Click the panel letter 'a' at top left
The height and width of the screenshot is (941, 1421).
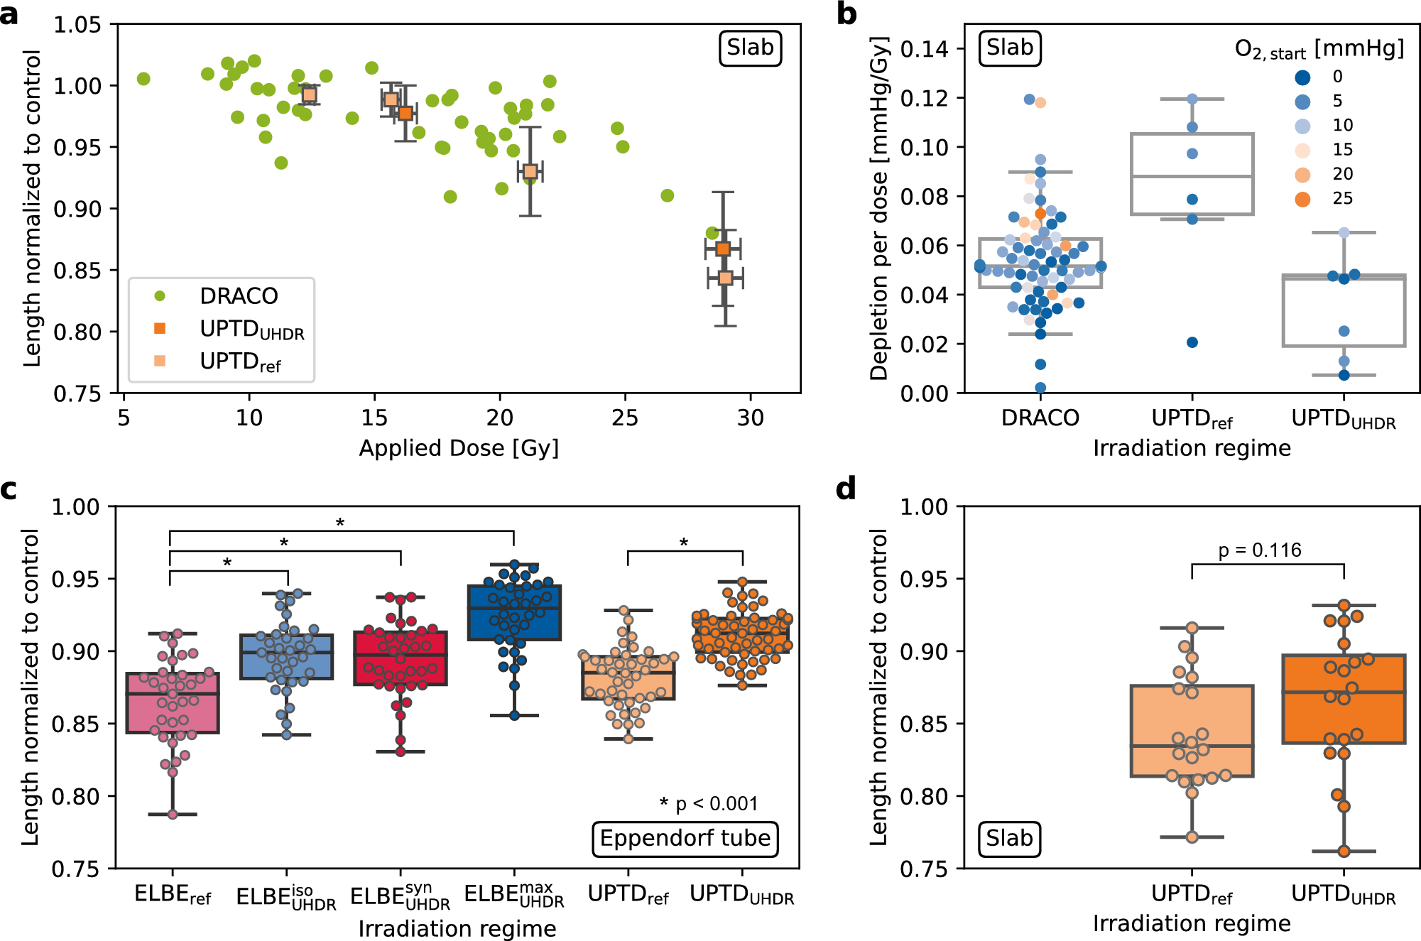tap(10, 14)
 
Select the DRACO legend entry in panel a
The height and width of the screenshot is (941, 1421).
tap(238, 295)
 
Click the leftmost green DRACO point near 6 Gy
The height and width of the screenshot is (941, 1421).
tap(143, 79)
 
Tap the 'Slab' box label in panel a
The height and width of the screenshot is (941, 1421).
tap(750, 48)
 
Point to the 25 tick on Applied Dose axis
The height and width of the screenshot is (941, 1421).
tap(625, 418)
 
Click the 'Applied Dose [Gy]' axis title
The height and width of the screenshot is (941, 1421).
tap(459, 448)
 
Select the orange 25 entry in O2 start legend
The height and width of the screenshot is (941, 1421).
tap(1302, 199)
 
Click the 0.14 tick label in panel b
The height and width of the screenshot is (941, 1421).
tap(924, 49)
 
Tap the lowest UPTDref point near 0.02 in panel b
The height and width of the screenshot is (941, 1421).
tap(1192, 342)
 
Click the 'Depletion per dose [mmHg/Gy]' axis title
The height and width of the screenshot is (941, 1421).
tap(878, 209)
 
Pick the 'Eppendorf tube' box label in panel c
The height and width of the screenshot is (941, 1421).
tap(685, 839)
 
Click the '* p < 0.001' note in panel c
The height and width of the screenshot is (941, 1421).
tap(708, 803)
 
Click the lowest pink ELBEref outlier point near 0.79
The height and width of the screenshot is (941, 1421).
tap(173, 815)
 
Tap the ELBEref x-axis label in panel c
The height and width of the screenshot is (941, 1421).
tap(173, 894)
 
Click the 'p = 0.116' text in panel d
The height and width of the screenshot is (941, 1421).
tap(1260, 550)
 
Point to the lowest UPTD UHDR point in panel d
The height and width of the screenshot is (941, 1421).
tap(1344, 851)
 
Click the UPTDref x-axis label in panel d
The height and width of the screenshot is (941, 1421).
tap(1192, 894)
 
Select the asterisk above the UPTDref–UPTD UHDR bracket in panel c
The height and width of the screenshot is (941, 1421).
tap(684, 543)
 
